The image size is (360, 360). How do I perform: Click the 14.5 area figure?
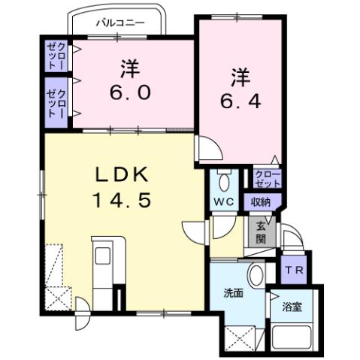click(124, 200)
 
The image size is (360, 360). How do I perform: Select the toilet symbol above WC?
click(222, 181)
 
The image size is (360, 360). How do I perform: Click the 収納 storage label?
click(261, 201)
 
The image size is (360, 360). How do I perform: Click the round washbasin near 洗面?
click(256, 274)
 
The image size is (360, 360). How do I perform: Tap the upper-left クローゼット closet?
click(56, 56)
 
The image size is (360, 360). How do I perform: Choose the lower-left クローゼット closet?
click(56, 101)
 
